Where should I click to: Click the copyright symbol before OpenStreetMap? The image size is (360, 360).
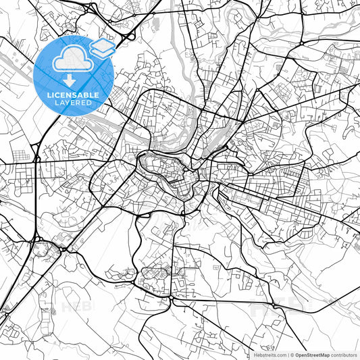point(291,355)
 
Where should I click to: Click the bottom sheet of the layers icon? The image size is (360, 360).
point(102,52)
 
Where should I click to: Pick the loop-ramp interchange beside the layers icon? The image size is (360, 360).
point(128,30)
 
